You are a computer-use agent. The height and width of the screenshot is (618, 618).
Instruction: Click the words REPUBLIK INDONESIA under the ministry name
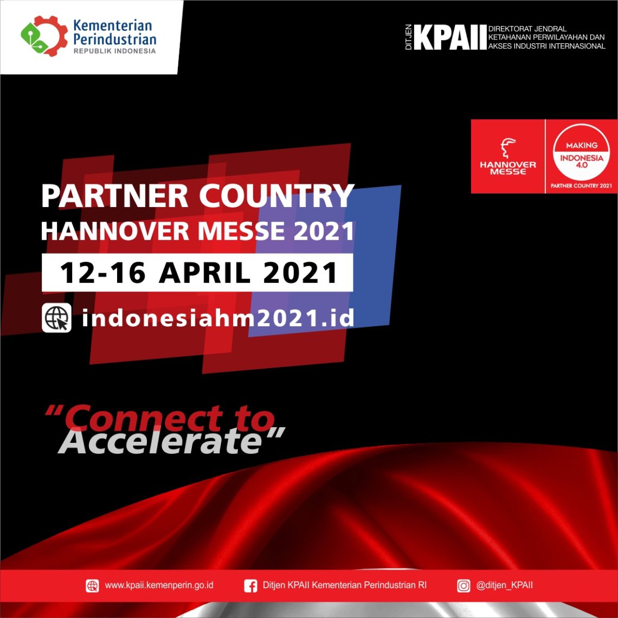coord(114,51)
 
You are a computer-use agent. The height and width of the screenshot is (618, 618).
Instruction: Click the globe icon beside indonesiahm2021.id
coord(57,318)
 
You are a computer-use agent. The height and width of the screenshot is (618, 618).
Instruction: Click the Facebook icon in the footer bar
coord(250,585)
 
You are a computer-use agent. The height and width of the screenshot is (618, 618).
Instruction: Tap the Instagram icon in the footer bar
coord(463,585)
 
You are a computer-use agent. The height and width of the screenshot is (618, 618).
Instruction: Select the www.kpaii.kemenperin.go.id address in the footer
coord(159,585)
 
